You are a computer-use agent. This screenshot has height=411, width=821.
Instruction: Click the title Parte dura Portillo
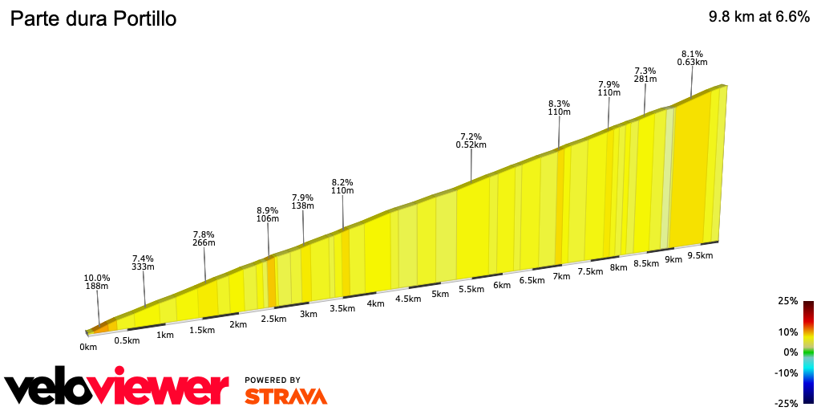pos(92,19)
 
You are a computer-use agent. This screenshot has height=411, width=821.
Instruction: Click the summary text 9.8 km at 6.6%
pos(758,18)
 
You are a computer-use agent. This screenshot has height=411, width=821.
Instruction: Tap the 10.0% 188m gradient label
pos(97,281)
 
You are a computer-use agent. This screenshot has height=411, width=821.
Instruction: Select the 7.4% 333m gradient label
pos(144,262)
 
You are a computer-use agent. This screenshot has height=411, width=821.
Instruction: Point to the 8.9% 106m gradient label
pos(267,214)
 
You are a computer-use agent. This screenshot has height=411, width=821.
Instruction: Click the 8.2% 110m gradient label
pos(342,186)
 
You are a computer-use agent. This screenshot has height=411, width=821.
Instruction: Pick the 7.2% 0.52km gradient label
pos(471,140)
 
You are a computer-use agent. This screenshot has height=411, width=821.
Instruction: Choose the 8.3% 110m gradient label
pos(559,108)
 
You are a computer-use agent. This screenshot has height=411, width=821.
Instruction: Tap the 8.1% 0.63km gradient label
pos(692,58)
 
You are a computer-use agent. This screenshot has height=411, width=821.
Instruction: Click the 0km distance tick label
pos(88,347)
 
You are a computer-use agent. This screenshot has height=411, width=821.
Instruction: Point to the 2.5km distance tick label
pos(273,319)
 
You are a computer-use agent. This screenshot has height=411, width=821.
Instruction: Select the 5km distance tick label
pos(439,294)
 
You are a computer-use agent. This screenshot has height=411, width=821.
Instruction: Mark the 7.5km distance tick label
pos(589,271)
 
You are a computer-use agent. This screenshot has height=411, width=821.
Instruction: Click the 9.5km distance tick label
pos(700,255)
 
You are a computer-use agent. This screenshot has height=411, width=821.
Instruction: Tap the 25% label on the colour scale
pos(787,301)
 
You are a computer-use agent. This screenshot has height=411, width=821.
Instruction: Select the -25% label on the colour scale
pos(786,403)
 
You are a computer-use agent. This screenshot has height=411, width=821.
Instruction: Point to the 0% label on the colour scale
pos(791,352)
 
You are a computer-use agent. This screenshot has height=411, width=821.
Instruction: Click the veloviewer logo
pos(117,389)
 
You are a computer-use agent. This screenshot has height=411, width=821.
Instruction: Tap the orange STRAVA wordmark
pos(285,396)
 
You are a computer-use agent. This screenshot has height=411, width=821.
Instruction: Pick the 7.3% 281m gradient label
pos(645,75)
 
